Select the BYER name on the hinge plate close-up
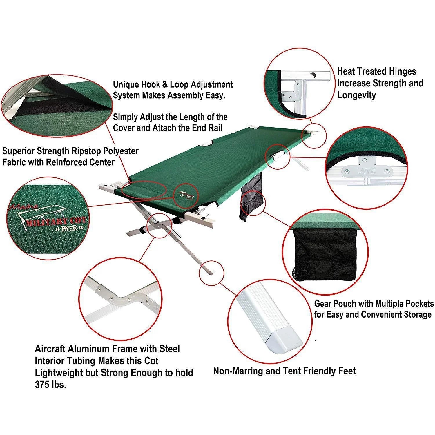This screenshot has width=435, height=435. [367, 171]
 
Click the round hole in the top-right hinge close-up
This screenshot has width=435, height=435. [313, 76]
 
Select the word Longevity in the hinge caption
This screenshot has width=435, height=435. [356, 95]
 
